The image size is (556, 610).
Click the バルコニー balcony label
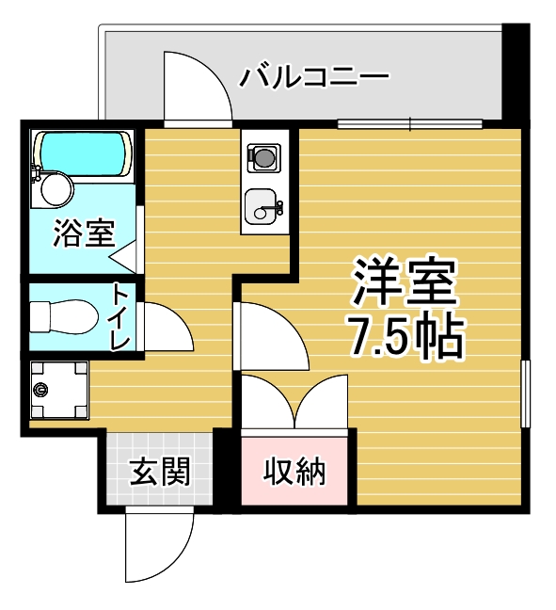314,77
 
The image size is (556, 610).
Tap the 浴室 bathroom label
84,233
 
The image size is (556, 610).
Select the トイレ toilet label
120,316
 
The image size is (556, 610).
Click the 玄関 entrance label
159,472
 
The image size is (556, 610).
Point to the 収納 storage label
294,472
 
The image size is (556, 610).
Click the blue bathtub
83,153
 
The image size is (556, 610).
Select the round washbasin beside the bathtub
56,191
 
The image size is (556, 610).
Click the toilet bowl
64,316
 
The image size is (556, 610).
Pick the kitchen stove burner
264,157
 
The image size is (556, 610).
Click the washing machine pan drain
40,389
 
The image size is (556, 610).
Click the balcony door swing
198,87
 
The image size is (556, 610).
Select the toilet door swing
167,326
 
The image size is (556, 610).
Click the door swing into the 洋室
272,336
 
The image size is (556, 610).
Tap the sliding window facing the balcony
410,123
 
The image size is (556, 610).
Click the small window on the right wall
525,393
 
